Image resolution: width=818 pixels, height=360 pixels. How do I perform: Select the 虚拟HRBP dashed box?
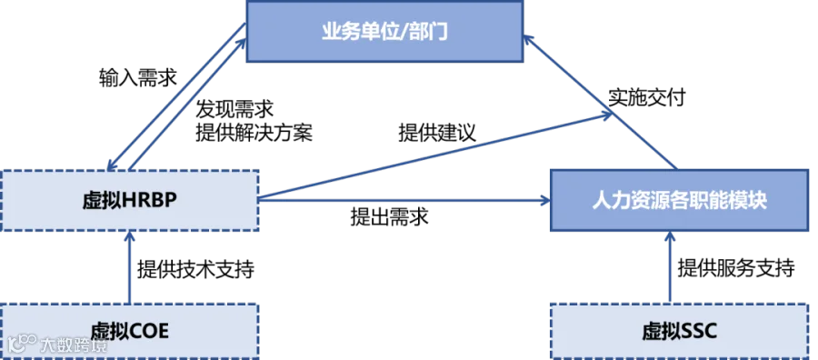point(130,201)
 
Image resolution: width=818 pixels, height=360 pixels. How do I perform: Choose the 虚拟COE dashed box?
point(129,331)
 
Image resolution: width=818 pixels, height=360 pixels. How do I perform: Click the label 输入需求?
point(138,77)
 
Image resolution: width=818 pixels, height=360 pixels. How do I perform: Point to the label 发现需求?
point(234,111)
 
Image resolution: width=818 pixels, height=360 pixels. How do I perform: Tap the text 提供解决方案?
point(254,134)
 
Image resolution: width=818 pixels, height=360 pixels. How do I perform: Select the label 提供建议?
point(438,133)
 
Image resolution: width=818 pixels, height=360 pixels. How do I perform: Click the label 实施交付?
point(646,98)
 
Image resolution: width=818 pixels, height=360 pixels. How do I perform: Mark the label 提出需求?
point(390,216)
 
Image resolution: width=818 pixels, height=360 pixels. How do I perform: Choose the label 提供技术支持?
point(195,270)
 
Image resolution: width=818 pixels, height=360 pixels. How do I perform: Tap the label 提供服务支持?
point(736,268)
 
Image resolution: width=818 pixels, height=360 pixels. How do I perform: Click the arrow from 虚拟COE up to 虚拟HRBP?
point(129,267)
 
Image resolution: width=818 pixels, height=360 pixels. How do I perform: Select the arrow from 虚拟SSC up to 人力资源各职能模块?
point(669,267)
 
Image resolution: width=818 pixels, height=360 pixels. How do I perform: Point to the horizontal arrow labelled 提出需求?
point(404,199)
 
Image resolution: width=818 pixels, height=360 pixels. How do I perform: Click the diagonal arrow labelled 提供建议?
point(436,155)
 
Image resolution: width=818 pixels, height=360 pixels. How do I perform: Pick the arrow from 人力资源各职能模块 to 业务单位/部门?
point(600,101)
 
